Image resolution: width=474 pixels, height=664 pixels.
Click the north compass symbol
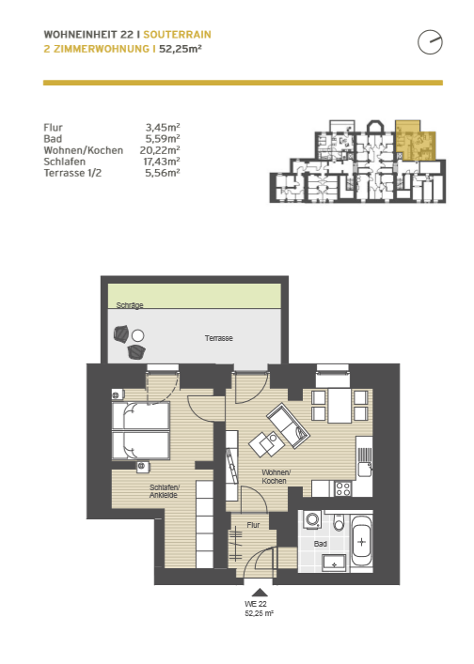(430, 42)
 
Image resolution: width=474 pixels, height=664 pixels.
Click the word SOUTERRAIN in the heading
(177, 35)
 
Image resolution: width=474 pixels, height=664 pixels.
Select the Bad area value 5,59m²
(163, 138)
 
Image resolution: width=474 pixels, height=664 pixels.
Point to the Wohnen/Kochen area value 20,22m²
(160, 150)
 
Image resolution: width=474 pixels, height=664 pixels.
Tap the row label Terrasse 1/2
(72, 173)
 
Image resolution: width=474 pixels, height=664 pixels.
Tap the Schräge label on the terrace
(130, 305)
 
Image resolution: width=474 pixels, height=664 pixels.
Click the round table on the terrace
(137, 336)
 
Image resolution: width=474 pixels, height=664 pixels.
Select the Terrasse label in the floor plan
(219, 338)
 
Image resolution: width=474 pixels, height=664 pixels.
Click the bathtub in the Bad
(362, 542)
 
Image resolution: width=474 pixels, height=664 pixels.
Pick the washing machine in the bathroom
(312, 519)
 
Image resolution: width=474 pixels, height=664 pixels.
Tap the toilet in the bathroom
(339, 523)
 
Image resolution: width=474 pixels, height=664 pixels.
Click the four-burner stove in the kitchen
(343, 489)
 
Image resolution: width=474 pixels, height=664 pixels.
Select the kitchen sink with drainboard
(364, 461)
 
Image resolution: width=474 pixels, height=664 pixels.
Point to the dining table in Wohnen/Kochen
(340, 407)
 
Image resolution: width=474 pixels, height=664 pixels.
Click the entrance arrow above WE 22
(260, 593)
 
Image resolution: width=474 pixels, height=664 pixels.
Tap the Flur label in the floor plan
(253, 525)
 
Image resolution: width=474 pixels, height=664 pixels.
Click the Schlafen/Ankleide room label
(164, 491)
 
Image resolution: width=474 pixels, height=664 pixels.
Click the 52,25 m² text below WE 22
(259, 613)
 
